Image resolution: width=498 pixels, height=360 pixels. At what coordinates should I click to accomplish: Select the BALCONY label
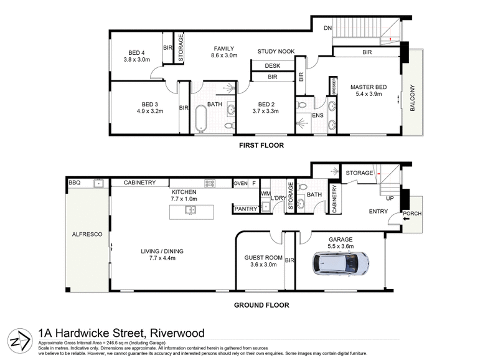click(x=412, y=98)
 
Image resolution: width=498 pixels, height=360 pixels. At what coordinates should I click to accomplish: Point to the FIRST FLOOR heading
click(x=261, y=145)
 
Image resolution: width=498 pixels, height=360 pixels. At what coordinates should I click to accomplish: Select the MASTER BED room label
click(x=369, y=87)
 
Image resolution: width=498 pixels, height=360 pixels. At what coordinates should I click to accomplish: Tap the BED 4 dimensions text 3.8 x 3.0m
click(x=137, y=60)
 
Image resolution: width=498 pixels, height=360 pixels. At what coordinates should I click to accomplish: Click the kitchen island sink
click(x=189, y=211)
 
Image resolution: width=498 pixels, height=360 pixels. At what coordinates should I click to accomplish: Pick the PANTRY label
click(x=245, y=209)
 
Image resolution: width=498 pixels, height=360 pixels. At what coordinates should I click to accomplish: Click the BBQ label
click(x=75, y=182)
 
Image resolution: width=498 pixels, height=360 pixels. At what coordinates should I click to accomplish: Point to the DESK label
click(x=272, y=65)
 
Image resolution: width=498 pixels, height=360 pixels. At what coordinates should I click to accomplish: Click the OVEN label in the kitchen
click(x=240, y=183)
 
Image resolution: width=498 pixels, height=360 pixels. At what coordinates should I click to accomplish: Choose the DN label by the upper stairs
click(x=327, y=28)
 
